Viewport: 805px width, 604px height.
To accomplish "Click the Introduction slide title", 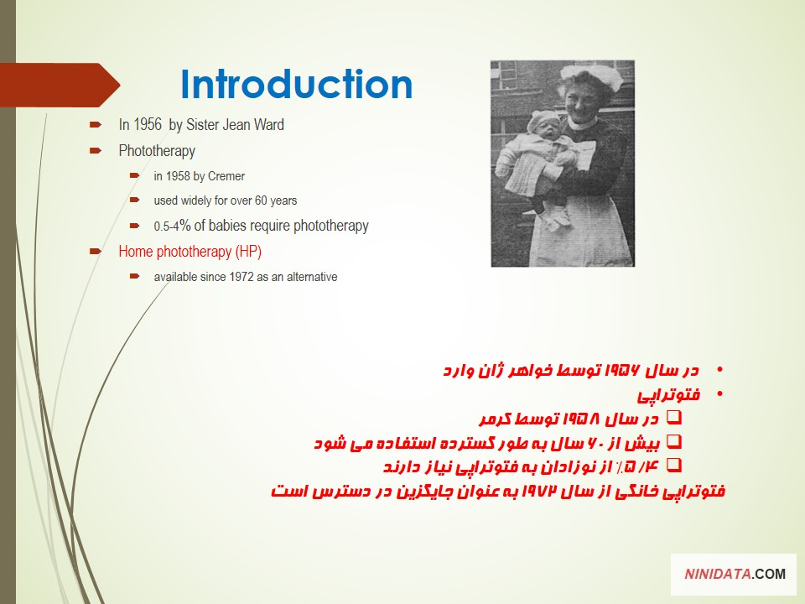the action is (x=297, y=84).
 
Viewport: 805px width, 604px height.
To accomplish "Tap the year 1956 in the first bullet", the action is (x=148, y=125).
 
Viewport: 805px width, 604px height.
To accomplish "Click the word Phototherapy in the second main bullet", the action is (x=157, y=151).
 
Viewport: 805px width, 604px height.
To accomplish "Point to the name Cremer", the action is (x=226, y=176).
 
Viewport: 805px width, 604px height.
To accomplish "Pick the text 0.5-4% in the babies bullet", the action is (x=172, y=226).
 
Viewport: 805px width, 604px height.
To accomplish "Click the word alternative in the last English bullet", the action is (x=312, y=277).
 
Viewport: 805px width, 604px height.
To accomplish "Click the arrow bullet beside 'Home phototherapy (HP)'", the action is (x=95, y=251).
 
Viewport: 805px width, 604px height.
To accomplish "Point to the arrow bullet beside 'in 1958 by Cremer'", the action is (x=135, y=175).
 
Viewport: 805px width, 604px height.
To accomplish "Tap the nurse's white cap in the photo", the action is (x=591, y=76).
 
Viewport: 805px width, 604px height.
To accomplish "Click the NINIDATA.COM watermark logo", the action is (x=735, y=574).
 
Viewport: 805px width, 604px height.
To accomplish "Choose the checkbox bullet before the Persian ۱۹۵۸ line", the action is (x=674, y=417).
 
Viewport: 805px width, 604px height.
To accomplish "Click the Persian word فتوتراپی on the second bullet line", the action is (x=669, y=395).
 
